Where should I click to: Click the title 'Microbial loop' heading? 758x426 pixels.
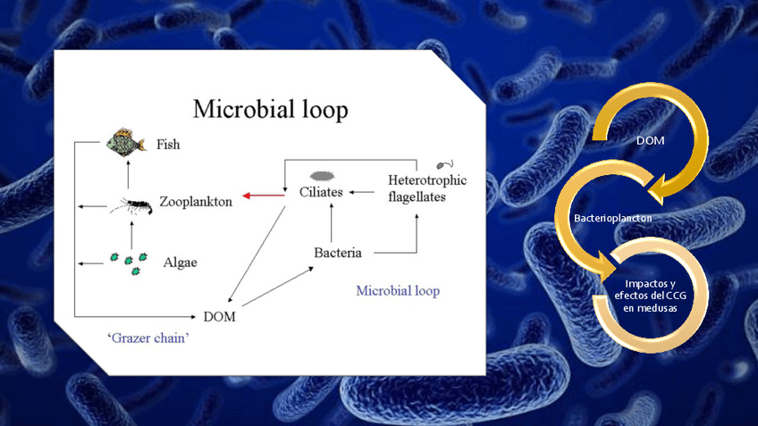(271, 110)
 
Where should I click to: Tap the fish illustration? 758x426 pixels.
(126, 142)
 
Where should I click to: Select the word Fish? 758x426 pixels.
(168, 143)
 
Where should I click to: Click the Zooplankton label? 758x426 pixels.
(196, 202)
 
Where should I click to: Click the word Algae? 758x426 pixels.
(180, 263)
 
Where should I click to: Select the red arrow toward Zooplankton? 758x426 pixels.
(260, 194)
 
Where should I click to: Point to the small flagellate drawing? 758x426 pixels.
(443, 164)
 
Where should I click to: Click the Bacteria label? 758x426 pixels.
(338, 253)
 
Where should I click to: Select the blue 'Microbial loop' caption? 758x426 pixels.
(398, 291)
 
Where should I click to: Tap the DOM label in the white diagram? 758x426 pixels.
(220, 316)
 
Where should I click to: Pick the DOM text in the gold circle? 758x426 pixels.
(650, 142)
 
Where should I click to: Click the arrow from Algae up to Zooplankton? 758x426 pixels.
(131, 234)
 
